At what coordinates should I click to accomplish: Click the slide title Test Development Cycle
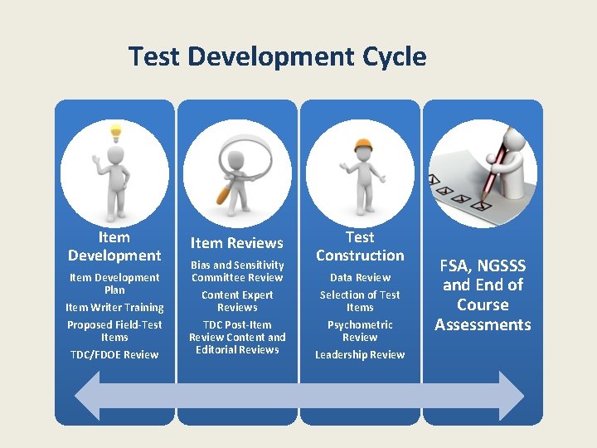click(277, 56)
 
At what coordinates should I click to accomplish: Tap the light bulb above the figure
click(115, 131)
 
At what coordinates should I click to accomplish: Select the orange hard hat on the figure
click(362, 146)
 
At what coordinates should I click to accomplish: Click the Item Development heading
click(114, 246)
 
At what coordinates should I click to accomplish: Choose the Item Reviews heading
click(237, 243)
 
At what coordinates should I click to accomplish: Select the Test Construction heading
click(360, 246)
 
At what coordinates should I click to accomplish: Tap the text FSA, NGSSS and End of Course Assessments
click(483, 295)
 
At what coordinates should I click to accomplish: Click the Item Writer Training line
click(114, 307)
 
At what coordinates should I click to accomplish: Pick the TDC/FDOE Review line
click(114, 354)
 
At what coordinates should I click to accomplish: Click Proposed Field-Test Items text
click(114, 330)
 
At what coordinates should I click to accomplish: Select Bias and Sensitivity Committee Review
click(237, 270)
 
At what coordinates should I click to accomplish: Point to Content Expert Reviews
click(237, 300)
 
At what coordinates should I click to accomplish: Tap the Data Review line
click(360, 277)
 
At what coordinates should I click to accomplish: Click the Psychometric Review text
click(360, 330)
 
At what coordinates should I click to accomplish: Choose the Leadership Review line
click(360, 354)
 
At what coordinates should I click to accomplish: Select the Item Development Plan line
click(114, 283)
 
